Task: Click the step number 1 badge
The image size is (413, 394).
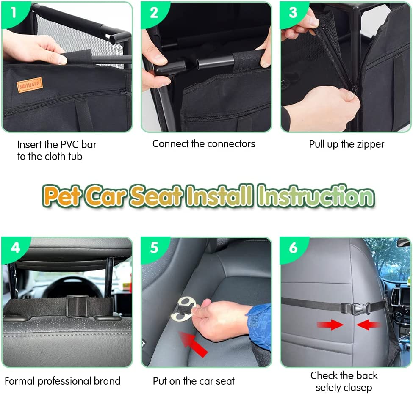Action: [x=13, y=13]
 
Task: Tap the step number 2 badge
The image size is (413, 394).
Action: [x=154, y=13]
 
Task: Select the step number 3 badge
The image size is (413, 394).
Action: [x=293, y=13]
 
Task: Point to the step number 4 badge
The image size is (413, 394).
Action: [x=15, y=248]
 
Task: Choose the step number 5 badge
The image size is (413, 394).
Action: [x=154, y=248]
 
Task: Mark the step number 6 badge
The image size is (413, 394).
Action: [x=293, y=248]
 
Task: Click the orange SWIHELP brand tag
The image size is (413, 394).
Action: [x=30, y=85]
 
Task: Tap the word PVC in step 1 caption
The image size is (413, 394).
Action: [x=70, y=144]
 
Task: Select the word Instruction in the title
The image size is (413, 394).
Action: [x=316, y=196]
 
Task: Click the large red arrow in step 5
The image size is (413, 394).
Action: [x=193, y=344]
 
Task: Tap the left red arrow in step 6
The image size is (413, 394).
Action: [x=330, y=325]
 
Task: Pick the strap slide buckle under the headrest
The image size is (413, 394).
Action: [x=78, y=306]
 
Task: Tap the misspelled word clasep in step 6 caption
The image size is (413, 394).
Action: [x=357, y=388]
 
